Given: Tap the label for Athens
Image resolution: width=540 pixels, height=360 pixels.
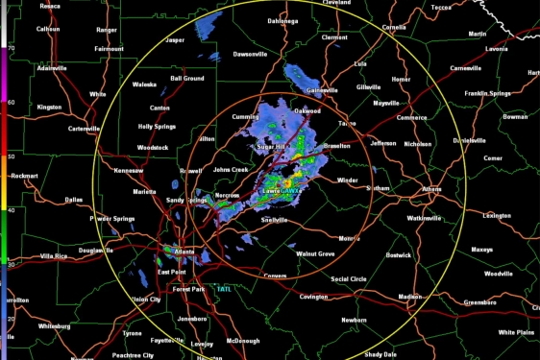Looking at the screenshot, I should [430, 189].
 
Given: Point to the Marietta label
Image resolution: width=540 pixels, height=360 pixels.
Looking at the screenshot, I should [144, 191].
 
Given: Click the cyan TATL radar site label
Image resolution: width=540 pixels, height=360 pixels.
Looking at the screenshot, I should [223, 288].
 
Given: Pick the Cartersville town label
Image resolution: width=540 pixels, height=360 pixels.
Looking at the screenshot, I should [85, 129].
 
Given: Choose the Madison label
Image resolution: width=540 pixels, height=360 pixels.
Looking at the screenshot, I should [410, 297].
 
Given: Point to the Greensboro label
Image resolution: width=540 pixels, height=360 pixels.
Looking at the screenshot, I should [488, 301].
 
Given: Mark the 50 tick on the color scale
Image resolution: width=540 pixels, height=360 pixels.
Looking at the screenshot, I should [11, 155].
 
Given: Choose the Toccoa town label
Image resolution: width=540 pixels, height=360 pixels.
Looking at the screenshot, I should [441, 6].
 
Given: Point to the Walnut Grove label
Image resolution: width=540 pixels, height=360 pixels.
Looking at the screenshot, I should [314, 253].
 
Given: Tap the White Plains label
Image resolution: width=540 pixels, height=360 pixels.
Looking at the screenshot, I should [515, 332].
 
